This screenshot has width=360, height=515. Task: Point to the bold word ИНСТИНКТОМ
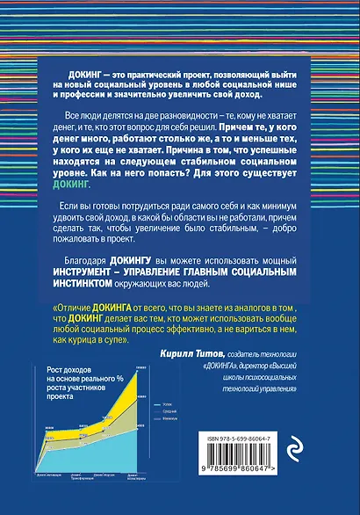[x=100, y=285]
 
